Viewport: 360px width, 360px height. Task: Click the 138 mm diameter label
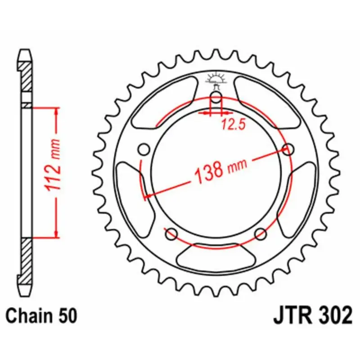pos(220,169)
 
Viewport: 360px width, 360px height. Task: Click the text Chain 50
pos(41,315)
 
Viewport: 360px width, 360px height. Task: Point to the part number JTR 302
pos(312,315)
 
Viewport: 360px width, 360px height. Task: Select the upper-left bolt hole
pos(144,149)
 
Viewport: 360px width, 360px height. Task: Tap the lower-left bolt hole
pos(171,234)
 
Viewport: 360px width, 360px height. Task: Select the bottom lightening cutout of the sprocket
pos(216,256)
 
